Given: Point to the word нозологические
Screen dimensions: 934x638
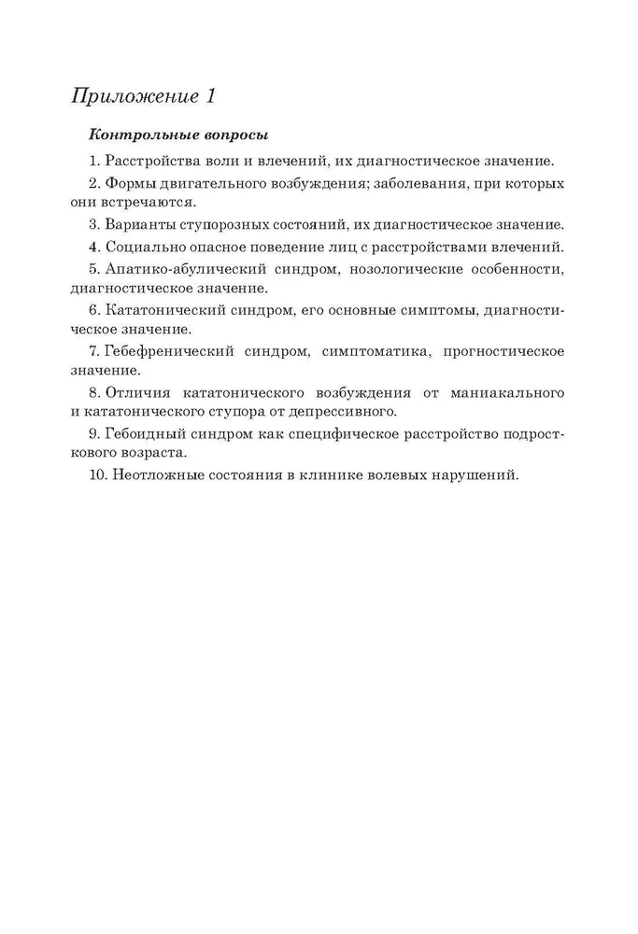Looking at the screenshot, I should pyautogui.click(x=406, y=271).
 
